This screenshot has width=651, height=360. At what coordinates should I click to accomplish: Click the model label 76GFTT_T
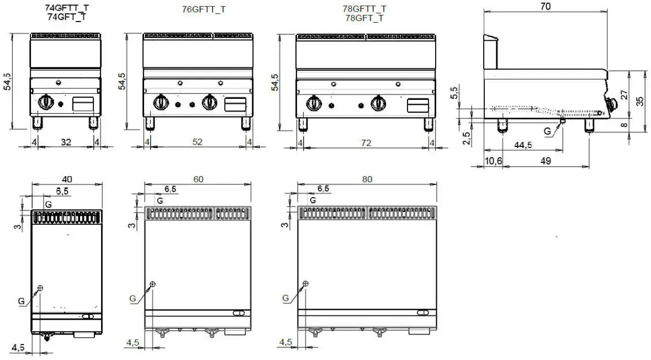point(203,9)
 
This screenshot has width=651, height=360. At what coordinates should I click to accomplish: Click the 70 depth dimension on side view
point(546,6)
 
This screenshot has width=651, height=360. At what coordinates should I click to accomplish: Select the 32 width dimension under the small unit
point(66,142)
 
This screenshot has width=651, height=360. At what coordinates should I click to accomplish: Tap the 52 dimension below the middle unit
point(197,142)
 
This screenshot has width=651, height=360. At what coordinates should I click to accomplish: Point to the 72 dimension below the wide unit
point(366,142)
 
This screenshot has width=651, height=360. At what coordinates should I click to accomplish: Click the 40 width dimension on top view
point(67,179)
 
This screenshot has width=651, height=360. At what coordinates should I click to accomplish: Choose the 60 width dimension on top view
point(198,179)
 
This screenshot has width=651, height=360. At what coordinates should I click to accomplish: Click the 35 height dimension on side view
point(640,102)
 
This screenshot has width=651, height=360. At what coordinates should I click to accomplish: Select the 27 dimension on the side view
point(624,93)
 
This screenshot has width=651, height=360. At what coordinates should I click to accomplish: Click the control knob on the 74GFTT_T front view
point(46,102)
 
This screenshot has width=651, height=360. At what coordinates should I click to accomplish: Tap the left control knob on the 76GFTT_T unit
point(162,102)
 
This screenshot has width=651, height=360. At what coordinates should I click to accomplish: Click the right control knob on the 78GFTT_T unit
point(378,103)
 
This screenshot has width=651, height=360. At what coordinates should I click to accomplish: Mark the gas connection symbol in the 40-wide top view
point(40,288)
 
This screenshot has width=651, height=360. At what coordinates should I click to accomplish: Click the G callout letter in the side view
point(547,131)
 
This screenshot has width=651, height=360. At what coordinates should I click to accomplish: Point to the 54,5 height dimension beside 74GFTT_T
point(7,81)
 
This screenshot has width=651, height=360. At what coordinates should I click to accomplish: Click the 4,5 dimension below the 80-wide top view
point(285,342)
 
